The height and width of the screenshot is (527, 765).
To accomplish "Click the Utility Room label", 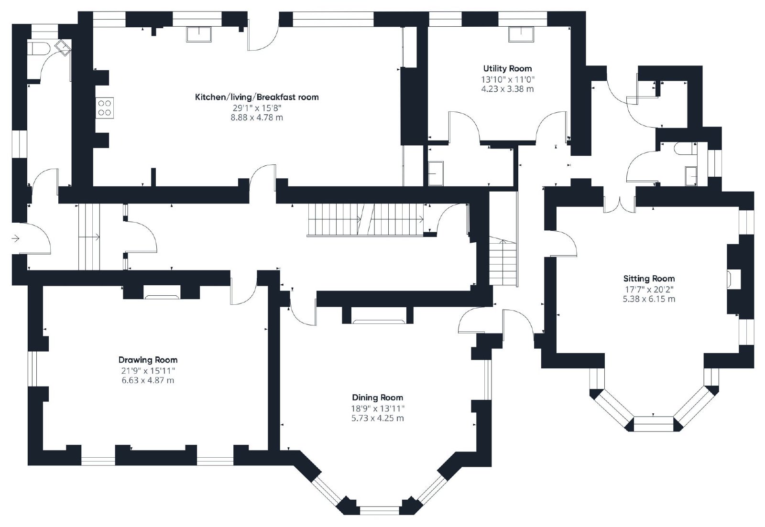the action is [507, 69].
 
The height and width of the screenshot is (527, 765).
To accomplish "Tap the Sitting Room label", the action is [649, 279].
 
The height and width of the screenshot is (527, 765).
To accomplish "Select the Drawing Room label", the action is [148, 360].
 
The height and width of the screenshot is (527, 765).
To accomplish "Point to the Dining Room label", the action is [377, 398].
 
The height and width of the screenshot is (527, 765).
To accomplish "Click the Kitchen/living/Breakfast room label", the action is [257, 97].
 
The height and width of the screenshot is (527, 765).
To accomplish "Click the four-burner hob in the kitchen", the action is [105, 108].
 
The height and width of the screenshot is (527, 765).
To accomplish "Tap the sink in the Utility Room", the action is [521, 34].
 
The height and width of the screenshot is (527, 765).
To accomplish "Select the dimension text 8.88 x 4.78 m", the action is [257, 118].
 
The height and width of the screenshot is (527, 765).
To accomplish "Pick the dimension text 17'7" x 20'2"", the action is [649, 290].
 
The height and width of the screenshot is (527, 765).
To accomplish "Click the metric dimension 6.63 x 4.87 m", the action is [148, 380].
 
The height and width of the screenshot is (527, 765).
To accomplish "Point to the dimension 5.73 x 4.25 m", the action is [377, 418].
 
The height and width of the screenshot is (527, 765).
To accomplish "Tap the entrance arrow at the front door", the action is [16, 238].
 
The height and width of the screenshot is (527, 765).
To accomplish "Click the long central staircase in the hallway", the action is [365, 220].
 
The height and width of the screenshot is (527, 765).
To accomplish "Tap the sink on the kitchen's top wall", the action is [199, 34].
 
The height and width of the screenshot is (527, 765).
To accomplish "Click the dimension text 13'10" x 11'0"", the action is [507, 79].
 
